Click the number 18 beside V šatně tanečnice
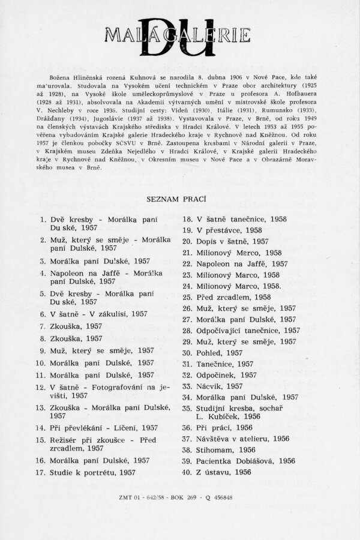(187, 219)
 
